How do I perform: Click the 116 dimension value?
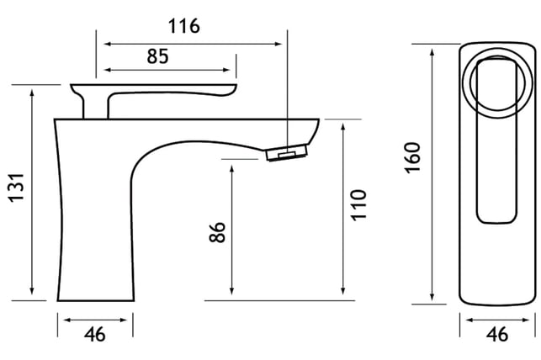click(x=184, y=26)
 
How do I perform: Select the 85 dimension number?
click(x=157, y=56)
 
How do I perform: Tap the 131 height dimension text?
click(x=17, y=188)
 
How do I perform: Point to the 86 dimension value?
click(x=217, y=232)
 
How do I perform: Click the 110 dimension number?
click(x=358, y=205)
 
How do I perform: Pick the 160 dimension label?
click(x=412, y=157)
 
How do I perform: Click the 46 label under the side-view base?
click(x=95, y=334)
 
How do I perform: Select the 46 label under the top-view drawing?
click(x=497, y=334)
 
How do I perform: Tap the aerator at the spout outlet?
click(x=286, y=153)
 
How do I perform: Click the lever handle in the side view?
click(x=153, y=90)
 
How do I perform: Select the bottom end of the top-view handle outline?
click(x=497, y=222)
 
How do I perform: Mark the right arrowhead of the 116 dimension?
click(x=278, y=44)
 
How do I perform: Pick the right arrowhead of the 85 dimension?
click(x=226, y=70)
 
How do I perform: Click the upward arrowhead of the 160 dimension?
click(x=432, y=53)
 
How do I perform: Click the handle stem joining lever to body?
click(x=96, y=107)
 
